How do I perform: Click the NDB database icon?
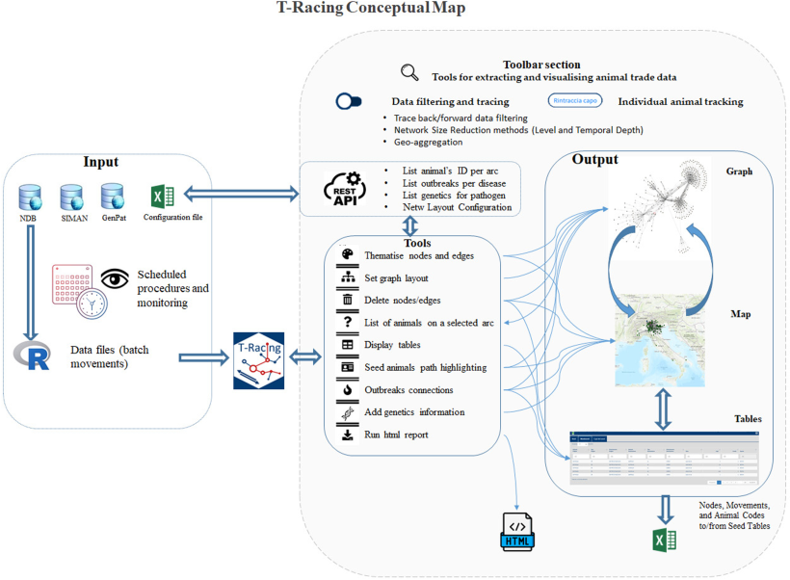[29, 199]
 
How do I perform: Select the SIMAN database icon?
[71, 199]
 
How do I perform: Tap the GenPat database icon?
[114, 199]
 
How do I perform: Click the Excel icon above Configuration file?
[163, 197]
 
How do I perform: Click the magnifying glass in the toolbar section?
[409, 72]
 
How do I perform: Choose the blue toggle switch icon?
[350, 100]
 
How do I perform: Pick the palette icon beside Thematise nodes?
[348, 254]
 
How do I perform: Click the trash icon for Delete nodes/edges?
[348, 300]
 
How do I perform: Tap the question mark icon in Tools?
[348, 323]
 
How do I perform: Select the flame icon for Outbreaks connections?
[348, 390]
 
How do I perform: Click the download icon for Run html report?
[348, 435]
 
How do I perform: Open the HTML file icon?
[518, 531]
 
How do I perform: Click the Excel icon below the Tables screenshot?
[661, 540]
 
